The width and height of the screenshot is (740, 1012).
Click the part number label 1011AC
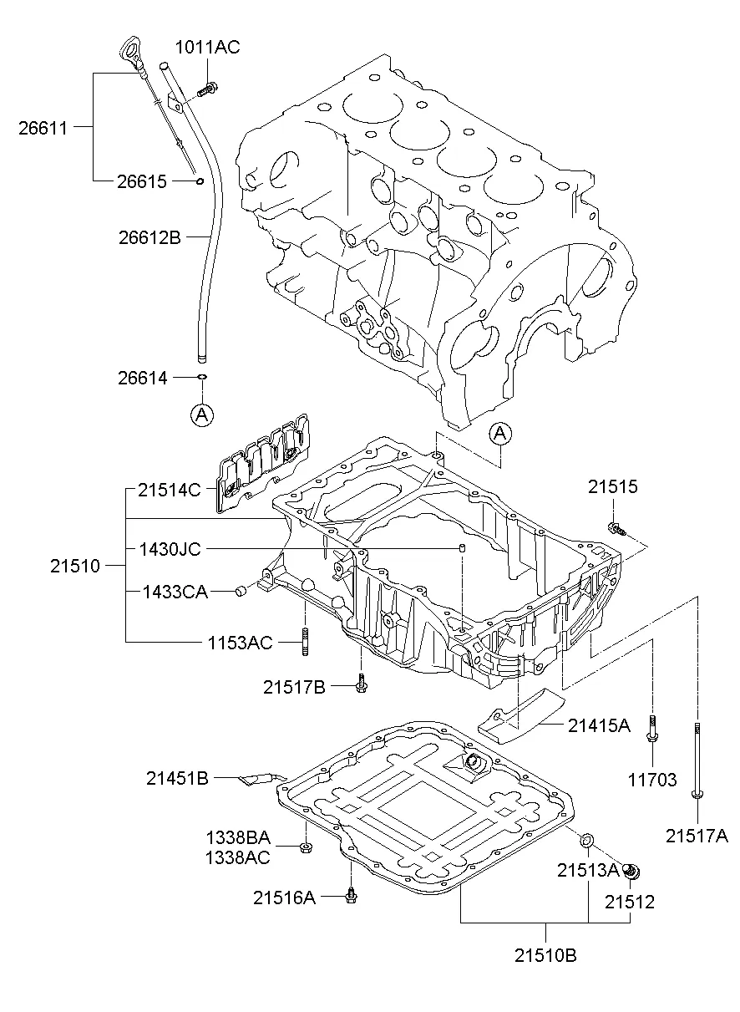207,48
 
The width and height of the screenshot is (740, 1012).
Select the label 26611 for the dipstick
43,127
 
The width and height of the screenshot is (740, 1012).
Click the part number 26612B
150,237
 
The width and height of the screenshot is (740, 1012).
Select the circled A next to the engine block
499,432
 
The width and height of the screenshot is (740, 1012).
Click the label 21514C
170,490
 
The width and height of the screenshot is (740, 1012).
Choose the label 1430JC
170,549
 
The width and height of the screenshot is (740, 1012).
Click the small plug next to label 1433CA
241,592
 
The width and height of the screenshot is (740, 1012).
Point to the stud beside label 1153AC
305,642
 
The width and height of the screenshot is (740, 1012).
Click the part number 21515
612,486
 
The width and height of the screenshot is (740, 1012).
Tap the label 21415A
599,725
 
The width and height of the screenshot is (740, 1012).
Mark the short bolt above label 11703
652,730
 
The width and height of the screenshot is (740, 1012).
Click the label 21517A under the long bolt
697,834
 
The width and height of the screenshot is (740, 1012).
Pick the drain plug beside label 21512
632,872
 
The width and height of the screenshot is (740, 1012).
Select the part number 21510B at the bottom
545,955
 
